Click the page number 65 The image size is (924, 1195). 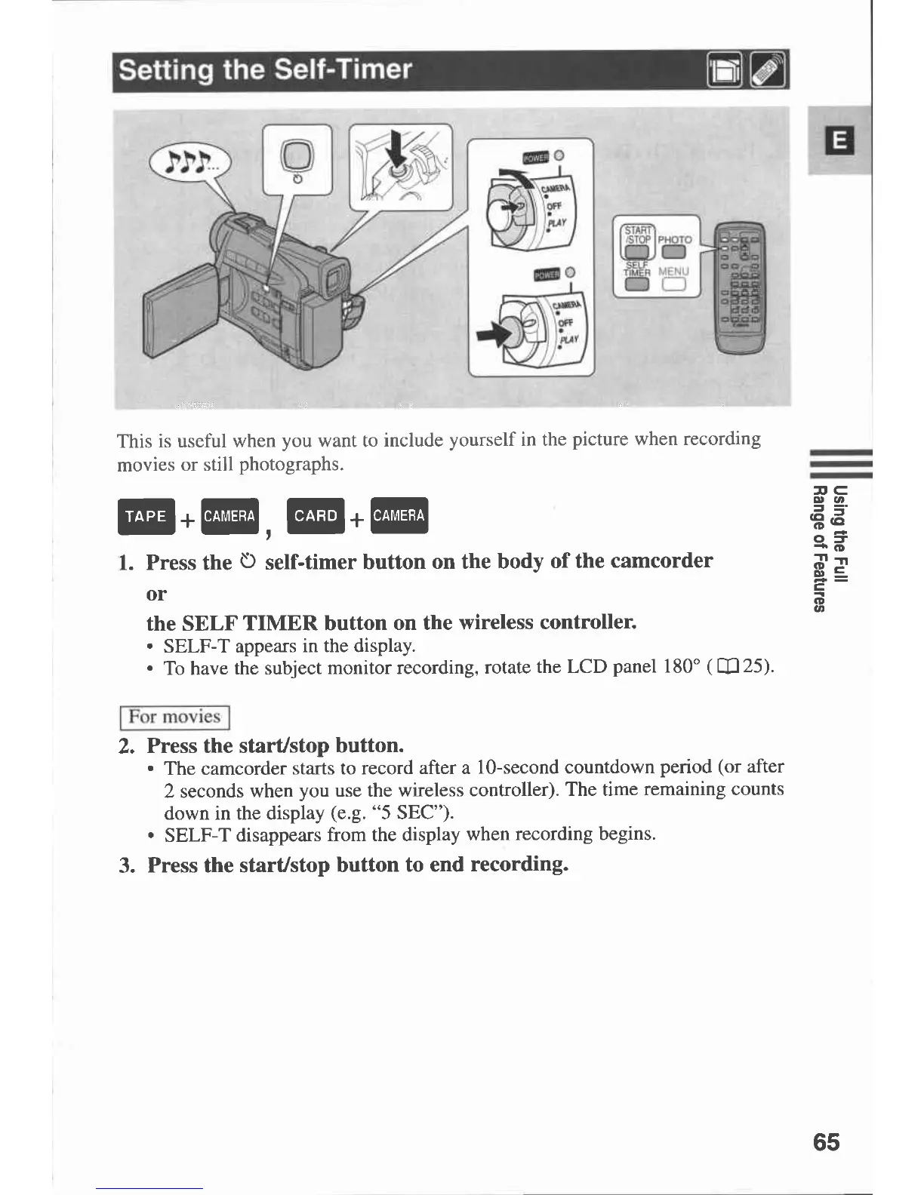pyautogui.click(x=826, y=1141)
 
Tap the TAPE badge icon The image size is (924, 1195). pyautogui.click(x=146, y=517)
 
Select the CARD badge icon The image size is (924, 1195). pyautogui.click(x=316, y=516)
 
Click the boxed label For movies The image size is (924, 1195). pyautogui.click(x=174, y=717)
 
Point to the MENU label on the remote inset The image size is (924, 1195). pyautogui.click(x=673, y=271)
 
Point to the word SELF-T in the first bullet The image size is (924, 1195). pyautogui.click(x=192, y=647)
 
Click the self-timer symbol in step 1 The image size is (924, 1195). pyautogui.click(x=248, y=562)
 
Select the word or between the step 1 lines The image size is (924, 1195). pyautogui.click(x=156, y=594)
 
